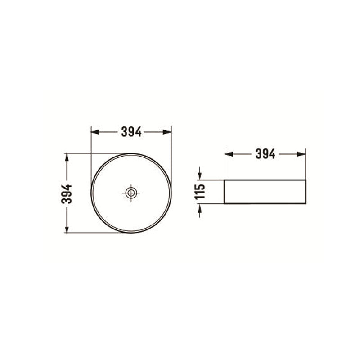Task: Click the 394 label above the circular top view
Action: [131, 132]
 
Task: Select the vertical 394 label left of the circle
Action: [67, 193]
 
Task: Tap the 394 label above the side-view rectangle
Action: [265, 154]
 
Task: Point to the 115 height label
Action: [200, 191]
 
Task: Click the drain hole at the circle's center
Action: [131, 193]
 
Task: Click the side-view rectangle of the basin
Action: [265, 192]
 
